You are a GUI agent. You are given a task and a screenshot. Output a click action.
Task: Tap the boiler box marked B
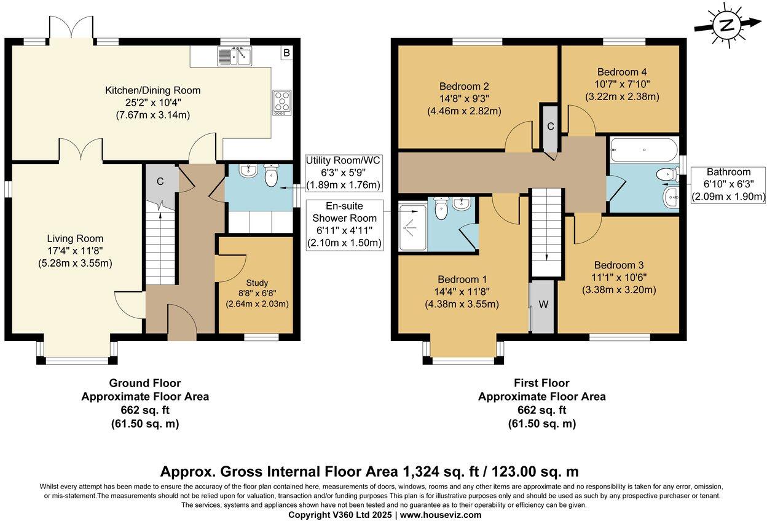[x=286, y=53]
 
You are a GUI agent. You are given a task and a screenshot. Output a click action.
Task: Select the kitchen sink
[x=234, y=56]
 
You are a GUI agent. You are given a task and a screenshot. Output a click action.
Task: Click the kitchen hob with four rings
[x=282, y=103]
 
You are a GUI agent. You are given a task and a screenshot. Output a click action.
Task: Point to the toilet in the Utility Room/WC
[x=271, y=175]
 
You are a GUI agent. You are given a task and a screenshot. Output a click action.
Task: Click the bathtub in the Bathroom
[x=643, y=149]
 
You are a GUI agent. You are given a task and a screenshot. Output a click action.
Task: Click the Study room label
[x=257, y=283]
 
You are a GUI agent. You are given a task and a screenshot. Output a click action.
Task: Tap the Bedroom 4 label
[x=622, y=72]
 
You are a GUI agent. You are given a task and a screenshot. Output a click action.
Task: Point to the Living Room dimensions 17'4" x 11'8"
[x=75, y=251]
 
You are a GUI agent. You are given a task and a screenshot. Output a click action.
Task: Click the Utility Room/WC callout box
[x=343, y=173]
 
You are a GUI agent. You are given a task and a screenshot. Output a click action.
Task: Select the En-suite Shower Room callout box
[x=344, y=224]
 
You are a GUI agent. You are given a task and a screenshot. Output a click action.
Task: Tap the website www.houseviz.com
[x=441, y=515]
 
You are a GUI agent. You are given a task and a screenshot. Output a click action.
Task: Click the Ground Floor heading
[x=145, y=383]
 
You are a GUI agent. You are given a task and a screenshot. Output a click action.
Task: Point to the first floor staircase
[x=547, y=232]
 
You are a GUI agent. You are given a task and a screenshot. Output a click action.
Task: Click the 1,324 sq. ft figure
[x=441, y=472]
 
